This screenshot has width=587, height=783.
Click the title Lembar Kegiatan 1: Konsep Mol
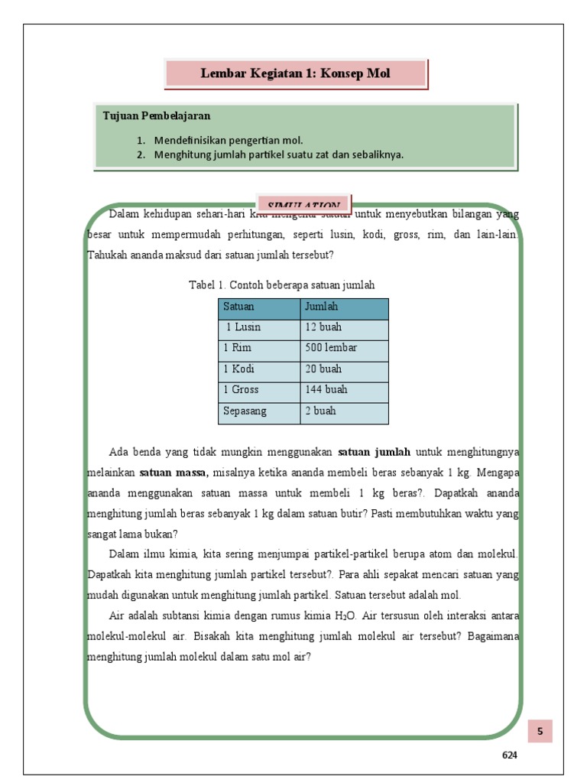[x=295, y=73]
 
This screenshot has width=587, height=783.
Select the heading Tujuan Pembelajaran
[x=157, y=116]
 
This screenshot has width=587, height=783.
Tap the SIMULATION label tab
[x=304, y=205]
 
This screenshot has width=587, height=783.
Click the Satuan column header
[x=238, y=307]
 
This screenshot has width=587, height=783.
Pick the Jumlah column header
[x=321, y=307]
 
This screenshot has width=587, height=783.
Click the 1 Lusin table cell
[x=243, y=327]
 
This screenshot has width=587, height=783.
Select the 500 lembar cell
[x=330, y=348]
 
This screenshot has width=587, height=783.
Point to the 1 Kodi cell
[x=238, y=369]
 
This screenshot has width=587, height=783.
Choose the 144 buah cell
[x=326, y=389]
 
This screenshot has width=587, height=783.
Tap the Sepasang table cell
[x=245, y=411]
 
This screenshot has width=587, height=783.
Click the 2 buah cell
[x=320, y=411]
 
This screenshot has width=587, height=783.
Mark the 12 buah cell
[x=323, y=327]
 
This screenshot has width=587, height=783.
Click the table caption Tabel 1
[x=281, y=285]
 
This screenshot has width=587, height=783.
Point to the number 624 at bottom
[x=510, y=755]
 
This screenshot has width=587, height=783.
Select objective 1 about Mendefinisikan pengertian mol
[x=229, y=141]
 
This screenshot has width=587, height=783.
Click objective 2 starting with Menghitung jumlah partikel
[x=278, y=154]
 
